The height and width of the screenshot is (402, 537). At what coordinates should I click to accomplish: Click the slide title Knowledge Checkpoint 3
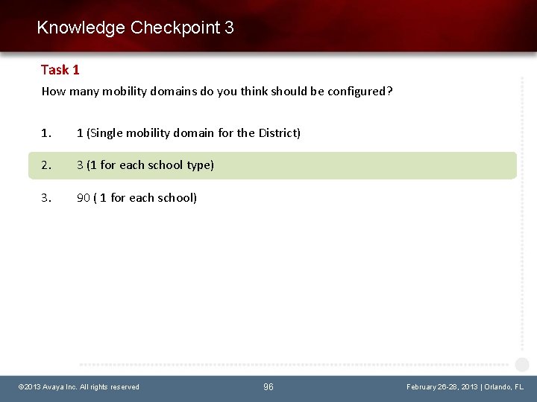pyautogui.click(x=135, y=28)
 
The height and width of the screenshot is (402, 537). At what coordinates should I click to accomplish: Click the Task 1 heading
pyautogui.click(x=60, y=70)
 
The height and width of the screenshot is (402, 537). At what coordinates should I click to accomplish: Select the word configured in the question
pyautogui.click(x=359, y=92)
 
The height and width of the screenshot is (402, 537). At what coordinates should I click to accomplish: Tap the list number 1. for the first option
pyautogui.click(x=47, y=133)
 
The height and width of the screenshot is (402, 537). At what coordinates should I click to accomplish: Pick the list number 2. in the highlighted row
pyautogui.click(x=47, y=165)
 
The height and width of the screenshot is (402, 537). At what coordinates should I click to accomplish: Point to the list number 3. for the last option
pyautogui.click(x=47, y=198)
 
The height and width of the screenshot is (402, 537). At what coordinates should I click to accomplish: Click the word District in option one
pyautogui.click(x=277, y=133)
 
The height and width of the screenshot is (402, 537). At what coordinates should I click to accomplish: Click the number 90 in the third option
pyautogui.click(x=84, y=198)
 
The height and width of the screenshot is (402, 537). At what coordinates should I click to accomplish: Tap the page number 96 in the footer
pyautogui.click(x=268, y=387)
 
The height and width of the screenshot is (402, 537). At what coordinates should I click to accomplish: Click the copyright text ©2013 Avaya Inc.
pyautogui.click(x=46, y=387)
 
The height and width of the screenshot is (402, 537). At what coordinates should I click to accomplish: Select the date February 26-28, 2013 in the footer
pyautogui.click(x=442, y=387)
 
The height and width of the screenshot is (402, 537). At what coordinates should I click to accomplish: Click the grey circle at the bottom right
pyautogui.click(x=522, y=365)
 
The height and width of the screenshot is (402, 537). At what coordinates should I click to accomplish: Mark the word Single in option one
pyautogui.click(x=107, y=133)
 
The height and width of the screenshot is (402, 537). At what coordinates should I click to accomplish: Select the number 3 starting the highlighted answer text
pyautogui.click(x=80, y=165)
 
